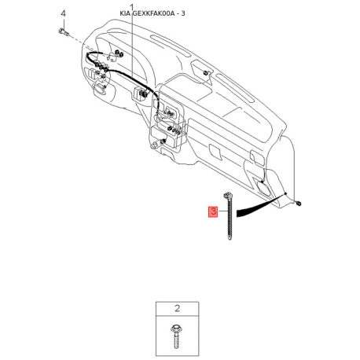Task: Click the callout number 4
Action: [x=63, y=13]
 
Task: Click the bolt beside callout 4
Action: [x=63, y=32]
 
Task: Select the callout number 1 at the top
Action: [x=132, y=7]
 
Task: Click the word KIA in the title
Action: [x=125, y=13]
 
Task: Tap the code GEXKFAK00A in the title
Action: [x=153, y=13]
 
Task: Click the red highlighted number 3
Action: [x=214, y=211]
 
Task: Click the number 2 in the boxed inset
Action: [x=177, y=308]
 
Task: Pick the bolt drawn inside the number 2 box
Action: [x=175, y=336]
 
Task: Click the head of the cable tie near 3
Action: [x=227, y=195]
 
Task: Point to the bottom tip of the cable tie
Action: [x=230, y=238]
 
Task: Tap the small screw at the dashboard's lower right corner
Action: [x=298, y=203]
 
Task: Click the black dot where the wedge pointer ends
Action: [x=285, y=193]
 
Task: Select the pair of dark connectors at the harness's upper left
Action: [x=119, y=53]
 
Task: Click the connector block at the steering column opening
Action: [x=141, y=94]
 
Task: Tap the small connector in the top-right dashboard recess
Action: [x=206, y=72]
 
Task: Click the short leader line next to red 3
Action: [x=223, y=211]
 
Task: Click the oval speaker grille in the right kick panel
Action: [x=263, y=188]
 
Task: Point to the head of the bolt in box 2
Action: [x=175, y=328]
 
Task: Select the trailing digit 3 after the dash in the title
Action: [x=183, y=13]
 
